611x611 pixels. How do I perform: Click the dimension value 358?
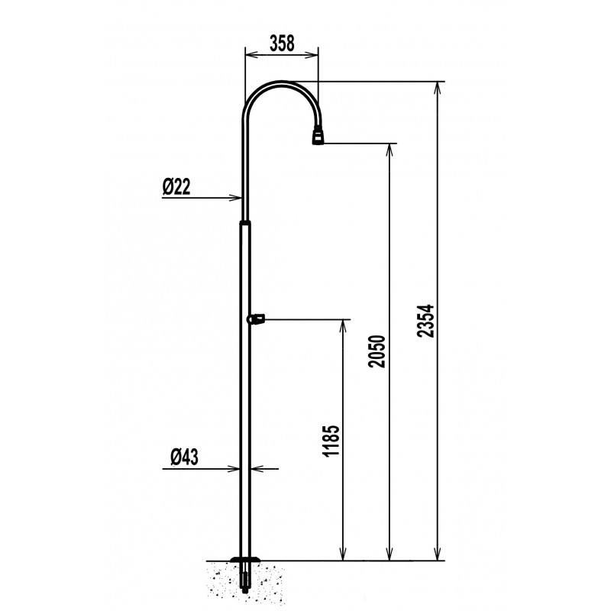(x=280, y=43)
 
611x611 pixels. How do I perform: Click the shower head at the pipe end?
(x=317, y=137)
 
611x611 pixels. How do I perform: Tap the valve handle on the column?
(x=256, y=318)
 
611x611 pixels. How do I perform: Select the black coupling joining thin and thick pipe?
(x=245, y=222)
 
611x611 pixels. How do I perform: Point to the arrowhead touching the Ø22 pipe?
(x=235, y=199)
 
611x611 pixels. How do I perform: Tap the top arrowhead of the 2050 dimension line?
(x=391, y=149)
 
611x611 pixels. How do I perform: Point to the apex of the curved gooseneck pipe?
(x=279, y=82)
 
